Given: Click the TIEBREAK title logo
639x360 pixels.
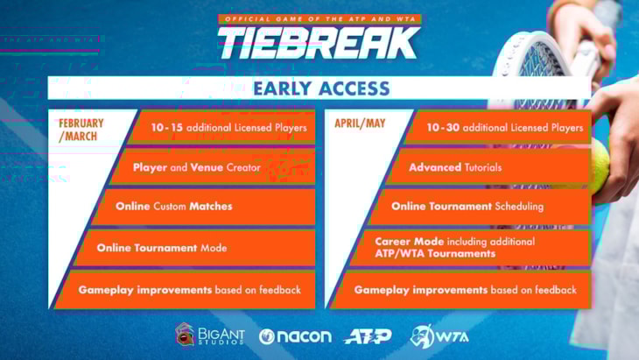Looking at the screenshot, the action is click(x=319, y=43).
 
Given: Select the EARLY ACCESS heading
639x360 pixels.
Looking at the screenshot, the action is click(x=321, y=88).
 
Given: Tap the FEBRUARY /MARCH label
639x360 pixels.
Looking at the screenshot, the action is click(x=81, y=130).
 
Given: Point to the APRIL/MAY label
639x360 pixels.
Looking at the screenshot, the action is click(x=360, y=124).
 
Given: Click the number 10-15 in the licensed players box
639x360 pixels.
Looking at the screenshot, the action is click(x=167, y=128).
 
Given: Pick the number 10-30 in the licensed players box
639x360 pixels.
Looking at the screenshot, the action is click(x=443, y=128).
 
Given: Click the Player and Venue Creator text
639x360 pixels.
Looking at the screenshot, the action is click(x=196, y=167).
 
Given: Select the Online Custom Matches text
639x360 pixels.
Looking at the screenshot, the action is click(x=174, y=207).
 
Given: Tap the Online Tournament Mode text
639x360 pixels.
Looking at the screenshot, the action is click(x=162, y=248).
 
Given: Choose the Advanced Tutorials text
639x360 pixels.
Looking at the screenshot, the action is click(x=455, y=167).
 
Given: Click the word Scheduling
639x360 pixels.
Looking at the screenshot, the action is click(x=520, y=207).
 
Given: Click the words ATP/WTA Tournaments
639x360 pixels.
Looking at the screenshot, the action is click(x=435, y=254).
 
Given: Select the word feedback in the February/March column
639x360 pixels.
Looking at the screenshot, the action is click(x=280, y=290).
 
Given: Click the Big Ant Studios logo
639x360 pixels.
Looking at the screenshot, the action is click(x=210, y=335).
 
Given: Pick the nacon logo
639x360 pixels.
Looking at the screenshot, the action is click(x=295, y=336).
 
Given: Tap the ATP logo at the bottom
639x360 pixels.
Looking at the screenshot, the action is click(x=368, y=336).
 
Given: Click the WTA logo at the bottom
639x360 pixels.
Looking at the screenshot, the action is click(x=439, y=336).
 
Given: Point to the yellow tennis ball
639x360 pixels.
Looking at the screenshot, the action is click(x=600, y=166).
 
